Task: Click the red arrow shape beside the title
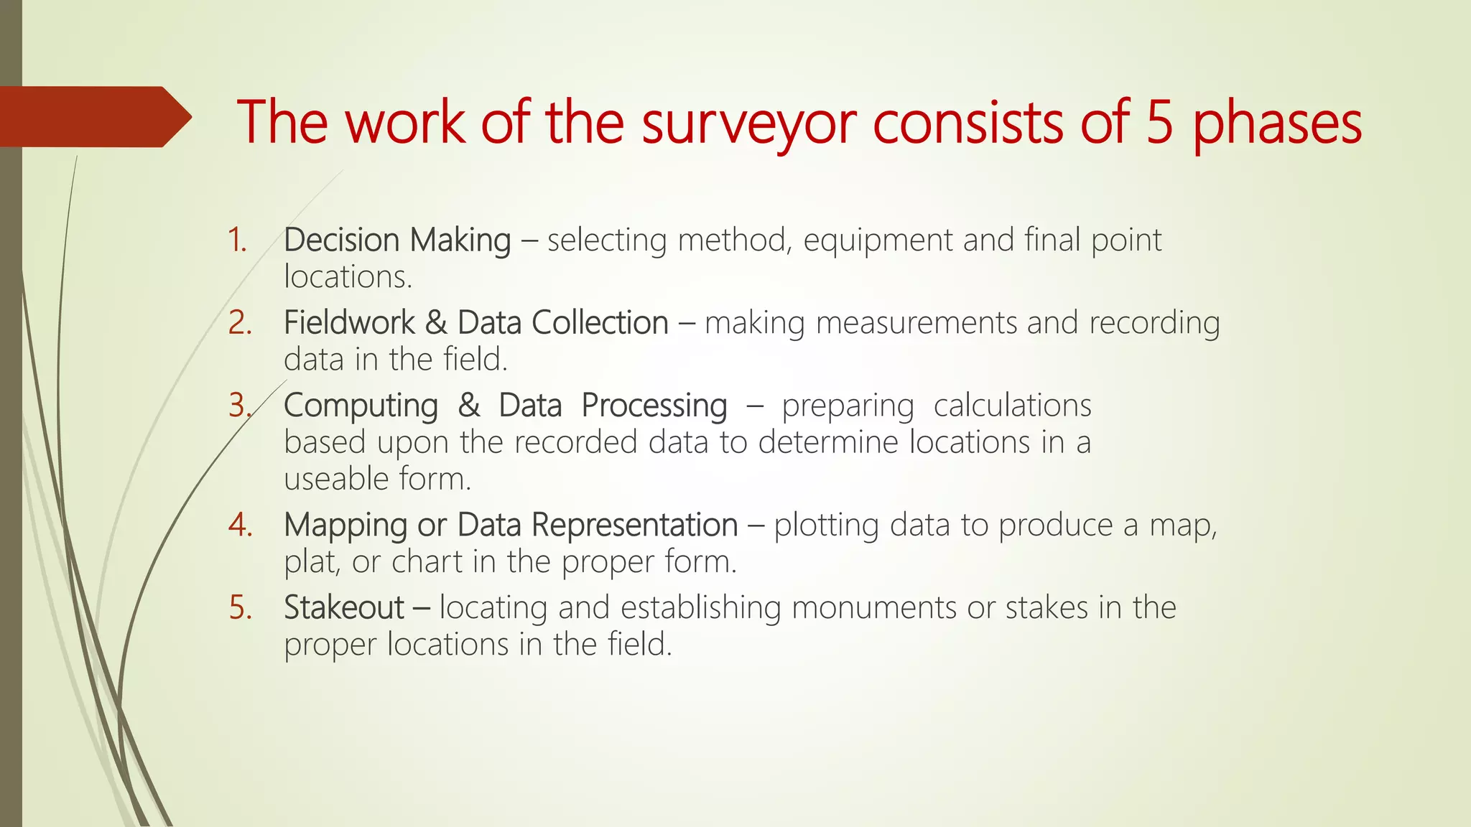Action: (x=93, y=117)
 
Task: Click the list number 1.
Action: (x=237, y=240)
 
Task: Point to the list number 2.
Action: (x=240, y=323)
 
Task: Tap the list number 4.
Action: (x=240, y=525)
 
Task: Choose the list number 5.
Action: (x=240, y=608)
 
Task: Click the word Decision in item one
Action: (x=340, y=240)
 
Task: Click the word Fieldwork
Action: (x=349, y=322)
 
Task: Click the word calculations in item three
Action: (x=1012, y=406)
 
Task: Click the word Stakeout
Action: (x=344, y=608)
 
